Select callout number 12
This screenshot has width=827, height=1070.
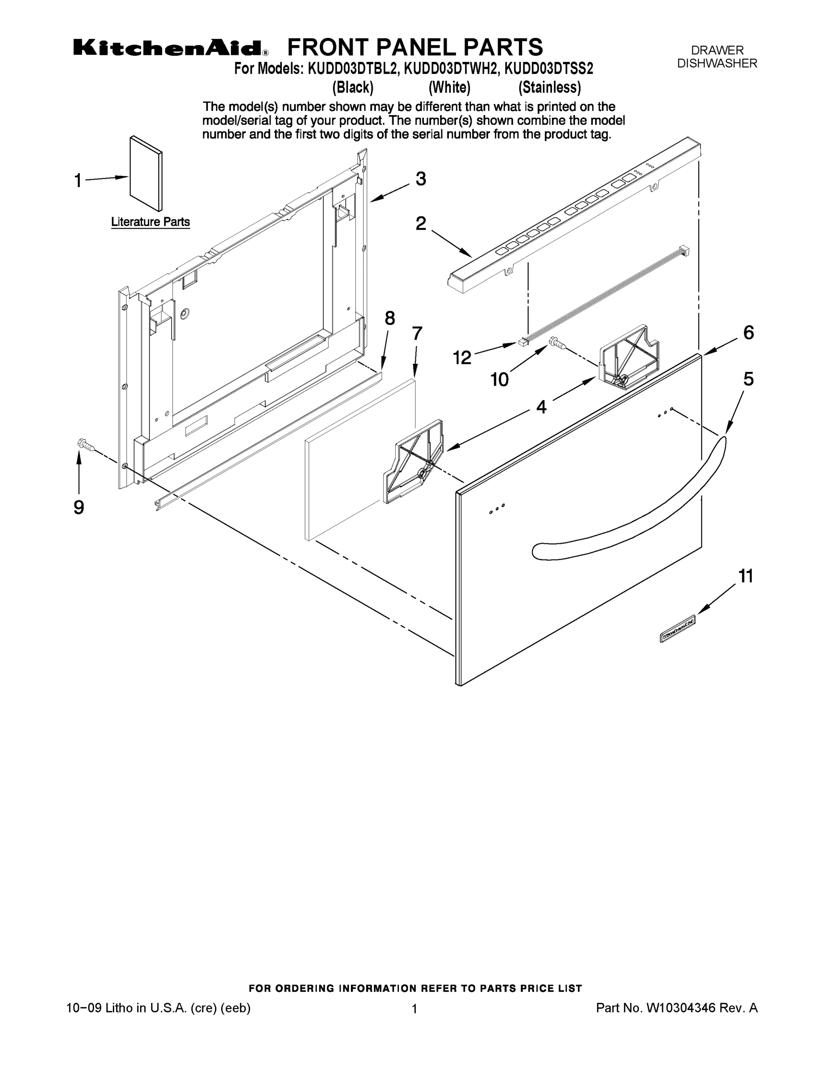point(461,358)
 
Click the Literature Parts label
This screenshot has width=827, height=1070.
point(150,222)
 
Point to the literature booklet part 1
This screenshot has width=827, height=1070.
point(146,174)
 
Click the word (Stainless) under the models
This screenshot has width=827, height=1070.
point(550,88)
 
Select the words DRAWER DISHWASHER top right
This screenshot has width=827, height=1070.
point(717,57)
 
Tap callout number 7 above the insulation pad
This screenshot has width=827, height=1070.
point(416,333)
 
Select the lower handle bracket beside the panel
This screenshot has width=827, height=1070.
point(414,461)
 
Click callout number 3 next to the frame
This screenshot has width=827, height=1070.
point(420,179)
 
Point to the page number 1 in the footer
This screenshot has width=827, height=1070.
point(414,1009)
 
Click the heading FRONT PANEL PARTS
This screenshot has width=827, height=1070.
point(415,48)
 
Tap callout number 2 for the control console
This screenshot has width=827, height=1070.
point(420,223)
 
